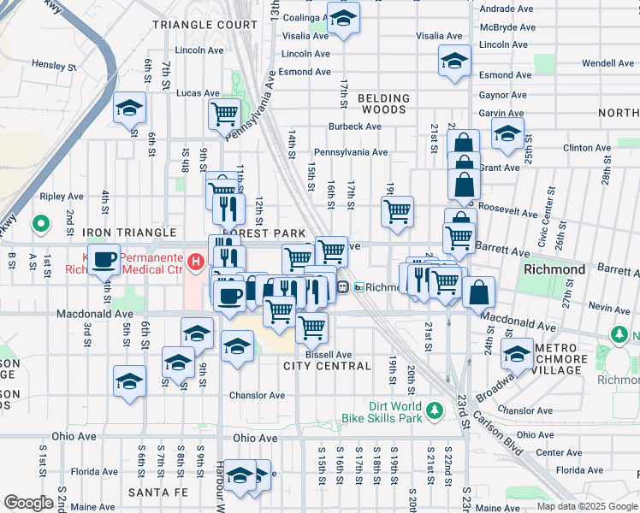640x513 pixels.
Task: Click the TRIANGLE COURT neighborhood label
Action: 204,25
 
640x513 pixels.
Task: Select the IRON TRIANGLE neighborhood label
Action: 128,233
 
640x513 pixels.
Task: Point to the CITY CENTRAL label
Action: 327,366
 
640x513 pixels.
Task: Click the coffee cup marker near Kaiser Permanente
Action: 105,259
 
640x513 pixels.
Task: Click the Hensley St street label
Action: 55,64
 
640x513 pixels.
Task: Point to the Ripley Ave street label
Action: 62,196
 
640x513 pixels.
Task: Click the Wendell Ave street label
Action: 607,63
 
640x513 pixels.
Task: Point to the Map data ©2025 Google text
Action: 587,506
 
